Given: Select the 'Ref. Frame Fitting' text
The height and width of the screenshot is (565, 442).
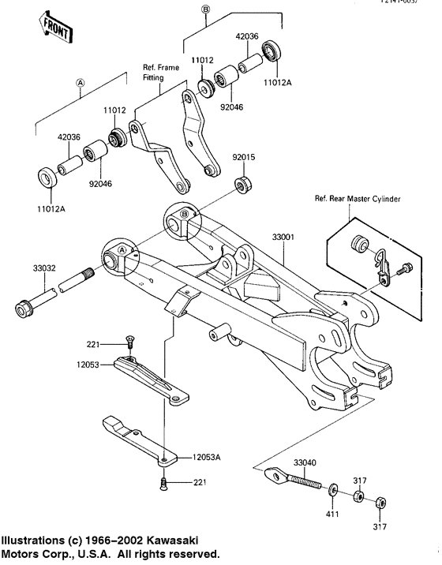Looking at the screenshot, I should [161, 73].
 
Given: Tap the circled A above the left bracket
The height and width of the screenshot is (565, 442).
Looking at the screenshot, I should [80, 82].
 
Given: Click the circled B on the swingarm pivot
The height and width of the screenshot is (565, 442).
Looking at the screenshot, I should [184, 214].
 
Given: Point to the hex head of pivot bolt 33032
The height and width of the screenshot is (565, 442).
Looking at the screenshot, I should [25, 304].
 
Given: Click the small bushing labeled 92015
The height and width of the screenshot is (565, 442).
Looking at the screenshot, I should [244, 185].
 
